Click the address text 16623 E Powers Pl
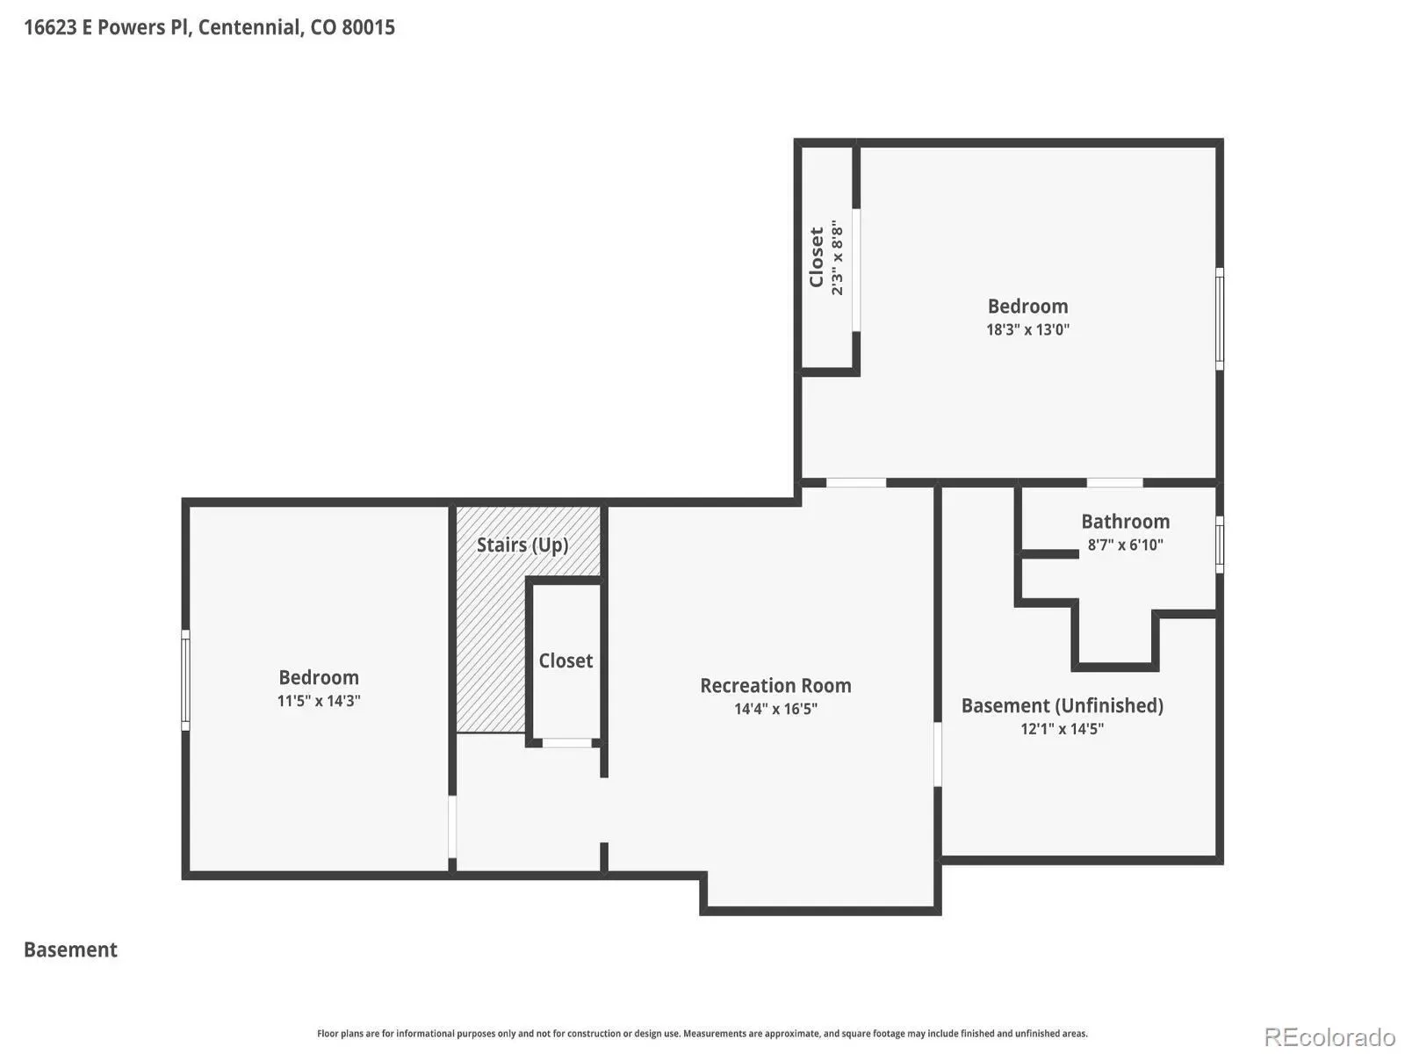[107, 27]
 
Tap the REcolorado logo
[1329, 1036]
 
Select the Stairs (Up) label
[522, 545]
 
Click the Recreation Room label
[775, 685]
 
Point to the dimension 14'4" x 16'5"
[775, 709]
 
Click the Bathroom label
[1125, 522]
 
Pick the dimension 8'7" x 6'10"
[1125, 545]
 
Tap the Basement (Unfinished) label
[1062, 705]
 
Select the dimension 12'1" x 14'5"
[1062, 728]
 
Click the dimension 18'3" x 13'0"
[1027, 329]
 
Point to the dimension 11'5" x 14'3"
[318, 701]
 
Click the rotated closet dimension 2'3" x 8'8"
[837, 258]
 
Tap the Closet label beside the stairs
[566, 661]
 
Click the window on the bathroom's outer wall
[1220, 545]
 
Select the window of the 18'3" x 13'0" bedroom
[1220, 319]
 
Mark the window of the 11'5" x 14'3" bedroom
[185, 680]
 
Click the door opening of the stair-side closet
[566, 743]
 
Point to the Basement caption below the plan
[70, 949]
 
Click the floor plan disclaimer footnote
[702, 1034]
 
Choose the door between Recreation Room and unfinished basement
[938, 754]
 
